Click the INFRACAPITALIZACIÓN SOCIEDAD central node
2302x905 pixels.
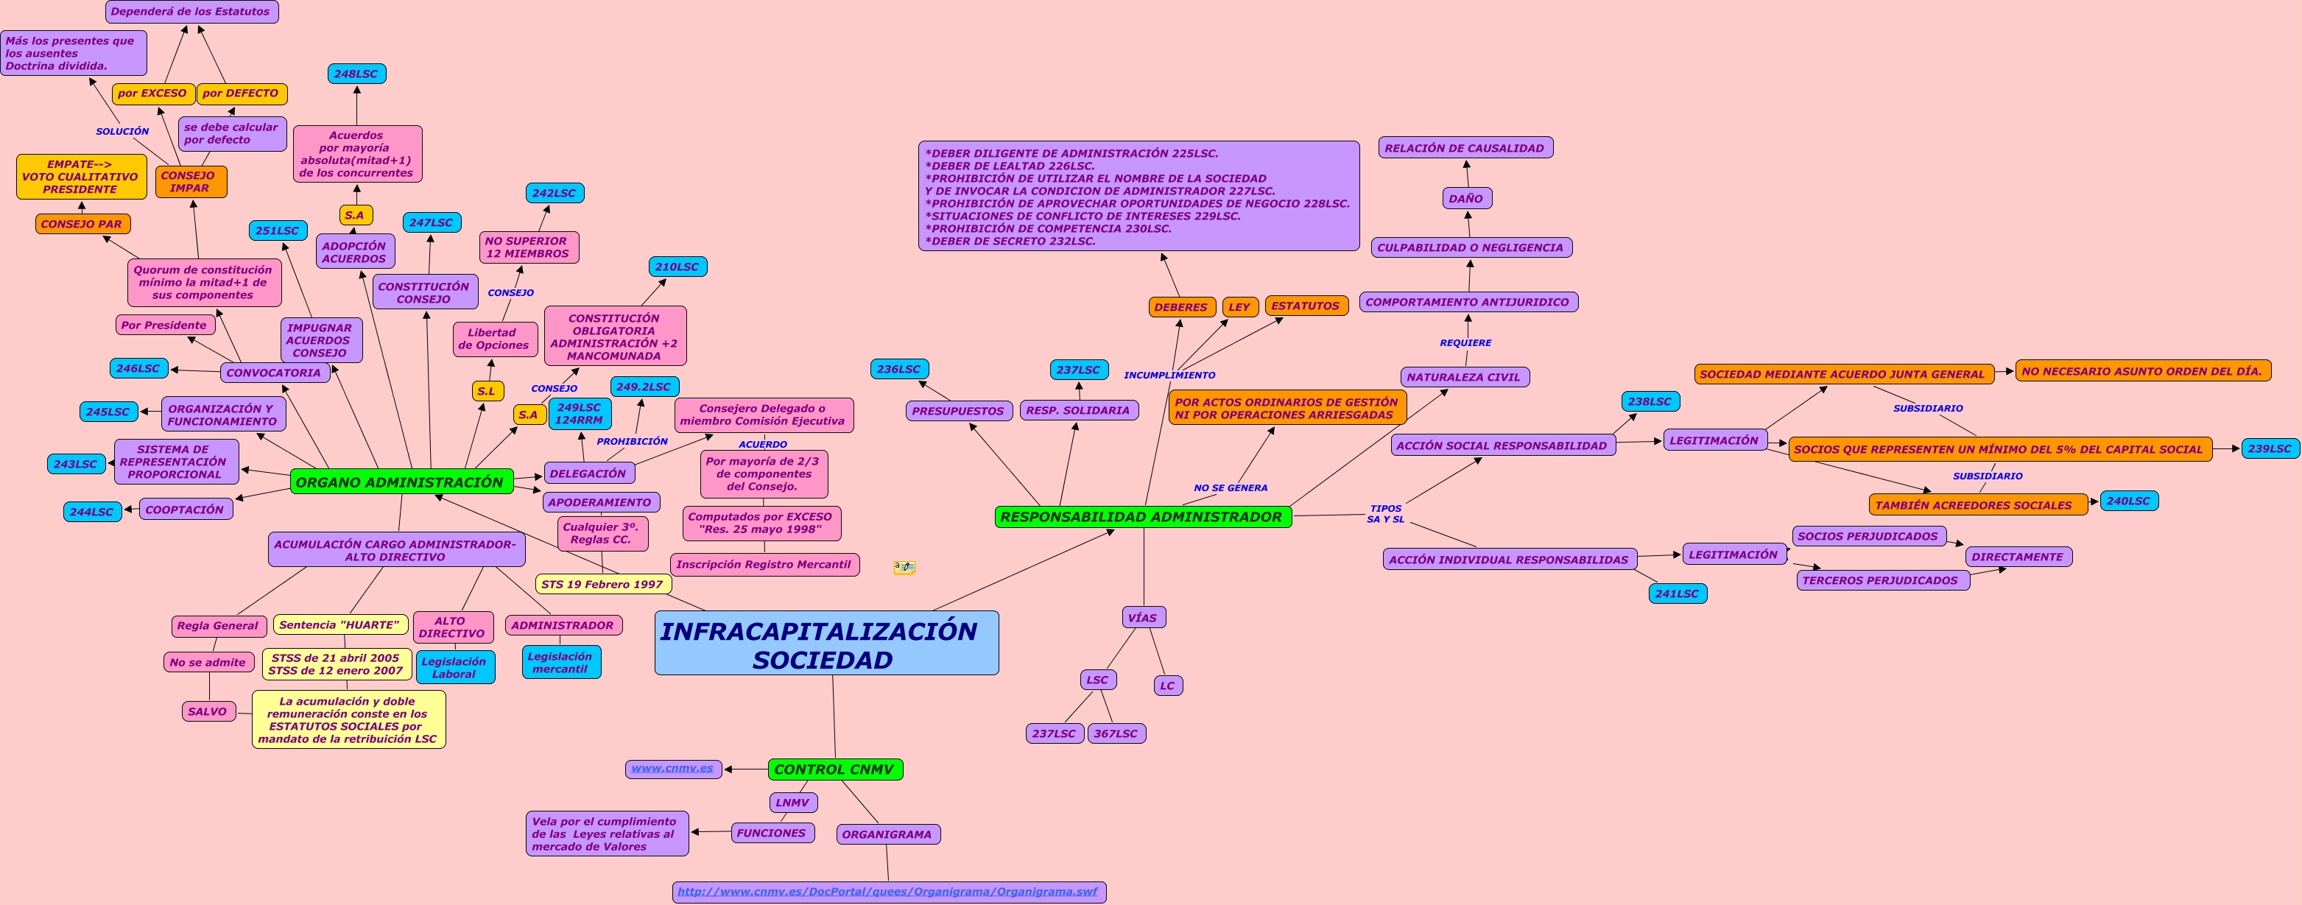[826, 644]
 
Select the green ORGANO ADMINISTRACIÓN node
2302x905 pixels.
[401, 482]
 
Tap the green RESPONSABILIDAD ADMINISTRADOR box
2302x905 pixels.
[1142, 516]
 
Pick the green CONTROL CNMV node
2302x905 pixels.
[834, 770]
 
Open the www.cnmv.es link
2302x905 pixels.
[672, 768]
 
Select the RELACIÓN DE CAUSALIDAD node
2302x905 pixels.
[1465, 147]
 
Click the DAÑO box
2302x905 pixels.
[1465, 198]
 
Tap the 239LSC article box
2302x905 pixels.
[2269, 448]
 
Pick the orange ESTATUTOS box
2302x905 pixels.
[1305, 306]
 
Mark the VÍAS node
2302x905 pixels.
[1142, 617]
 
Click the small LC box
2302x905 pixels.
[1167, 686]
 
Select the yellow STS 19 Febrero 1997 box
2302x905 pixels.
[602, 584]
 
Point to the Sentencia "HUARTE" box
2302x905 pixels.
[339, 624]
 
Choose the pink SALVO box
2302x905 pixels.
[208, 711]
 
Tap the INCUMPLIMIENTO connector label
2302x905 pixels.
[1169, 376]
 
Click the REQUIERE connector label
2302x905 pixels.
[1465, 343]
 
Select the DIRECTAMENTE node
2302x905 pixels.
[2017, 557]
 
